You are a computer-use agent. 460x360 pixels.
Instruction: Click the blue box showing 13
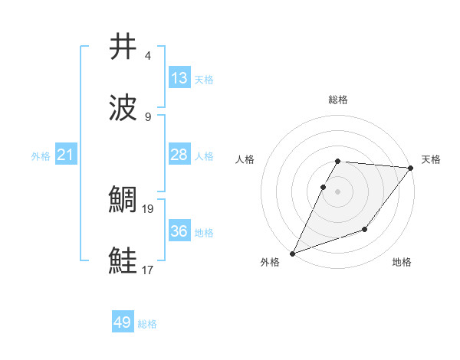click(179, 78)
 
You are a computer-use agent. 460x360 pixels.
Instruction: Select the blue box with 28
click(179, 155)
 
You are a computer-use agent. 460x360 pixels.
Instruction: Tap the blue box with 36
click(179, 231)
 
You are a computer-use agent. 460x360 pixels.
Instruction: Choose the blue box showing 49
click(123, 322)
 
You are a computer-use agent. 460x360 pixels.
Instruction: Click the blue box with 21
click(66, 155)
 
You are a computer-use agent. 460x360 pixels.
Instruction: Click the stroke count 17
click(148, 270)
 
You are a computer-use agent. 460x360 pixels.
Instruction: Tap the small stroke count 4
click(148, 56)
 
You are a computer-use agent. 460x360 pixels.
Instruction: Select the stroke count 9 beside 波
click(148, 116)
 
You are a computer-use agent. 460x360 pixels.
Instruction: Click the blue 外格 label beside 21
click(41, 156)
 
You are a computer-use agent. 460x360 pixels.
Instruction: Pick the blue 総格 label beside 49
click(147, 324)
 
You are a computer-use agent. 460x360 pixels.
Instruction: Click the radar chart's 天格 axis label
click(431, 159)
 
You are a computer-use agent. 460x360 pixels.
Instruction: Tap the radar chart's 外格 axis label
click(270, 262)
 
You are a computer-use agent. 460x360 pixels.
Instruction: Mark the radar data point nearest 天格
click(411, 168)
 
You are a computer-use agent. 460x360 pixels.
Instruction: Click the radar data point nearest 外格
click(292, 254)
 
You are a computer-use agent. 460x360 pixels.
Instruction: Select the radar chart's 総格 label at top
click(338, 100)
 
